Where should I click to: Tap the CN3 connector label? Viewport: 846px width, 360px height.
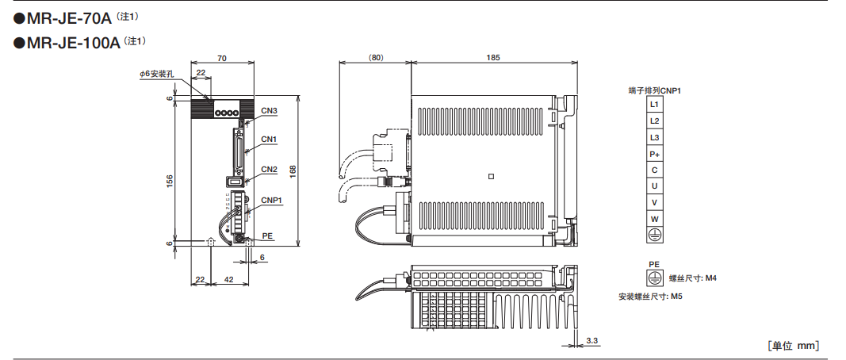coord(269,110)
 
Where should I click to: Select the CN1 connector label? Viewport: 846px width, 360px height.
coord(269,140)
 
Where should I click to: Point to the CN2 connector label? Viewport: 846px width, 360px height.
coord(269,170)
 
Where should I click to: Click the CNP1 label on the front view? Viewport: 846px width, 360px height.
coord(272,200)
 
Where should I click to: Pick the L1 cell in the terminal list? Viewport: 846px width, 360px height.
coord(654,104)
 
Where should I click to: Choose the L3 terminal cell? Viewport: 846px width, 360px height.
coord(654,137)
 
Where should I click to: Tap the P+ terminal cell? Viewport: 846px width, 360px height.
coord(654,154)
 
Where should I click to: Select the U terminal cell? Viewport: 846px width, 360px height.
coord(654,186)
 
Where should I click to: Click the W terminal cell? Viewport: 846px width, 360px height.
coord(654,219)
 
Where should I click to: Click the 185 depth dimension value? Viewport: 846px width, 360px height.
coord(493,58)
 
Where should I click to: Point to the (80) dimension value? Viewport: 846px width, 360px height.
coord(376,58)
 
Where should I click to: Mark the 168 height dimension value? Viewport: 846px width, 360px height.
coord(293,170)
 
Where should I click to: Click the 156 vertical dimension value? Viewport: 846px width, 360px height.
coord(170,182)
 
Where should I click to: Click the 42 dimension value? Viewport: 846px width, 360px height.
coord(228,280)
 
